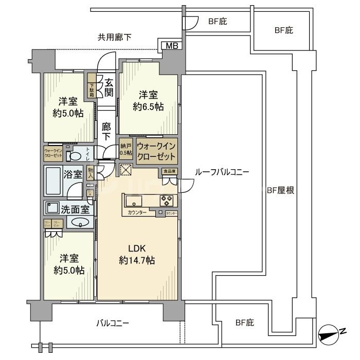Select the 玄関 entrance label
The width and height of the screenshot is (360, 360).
(109, 87)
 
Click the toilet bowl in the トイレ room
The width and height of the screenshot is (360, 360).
(75, 155)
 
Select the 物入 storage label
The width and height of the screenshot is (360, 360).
(91, 173)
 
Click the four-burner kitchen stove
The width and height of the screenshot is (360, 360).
(167, 200)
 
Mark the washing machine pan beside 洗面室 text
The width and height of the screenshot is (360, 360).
(52, 208)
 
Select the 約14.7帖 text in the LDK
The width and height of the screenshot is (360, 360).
(136, 260)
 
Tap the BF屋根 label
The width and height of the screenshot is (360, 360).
(280, 190)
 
